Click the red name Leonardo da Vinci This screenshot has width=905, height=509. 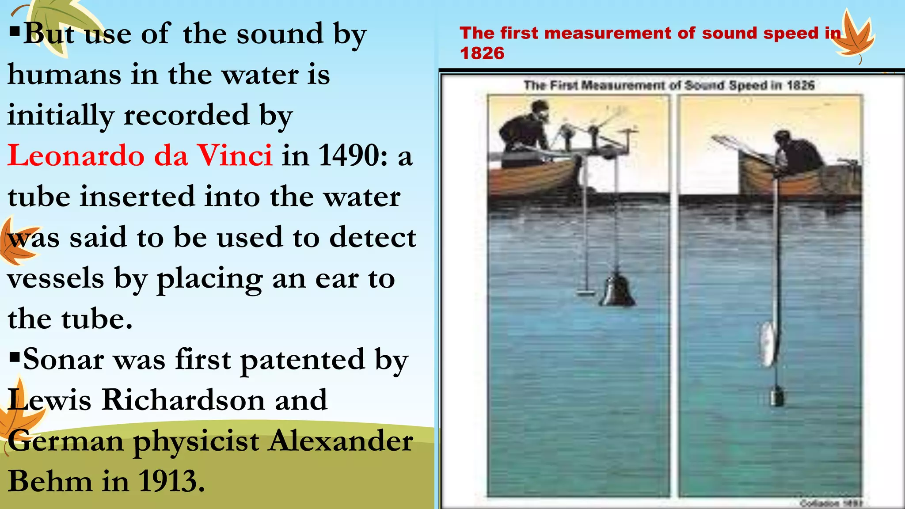pyautogui.click(x=140, y=156)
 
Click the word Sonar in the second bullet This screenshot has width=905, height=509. pyautogui.click(x=64, y=359)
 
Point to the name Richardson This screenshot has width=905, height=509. pyautogui.click(x=183, y=400)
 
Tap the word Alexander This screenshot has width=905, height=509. pyautogui.click(x=341, y=441)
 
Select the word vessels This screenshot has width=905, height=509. pyautogui.click(x=56, y=278)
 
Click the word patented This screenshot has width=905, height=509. pyautogui.click(x=302, y=359)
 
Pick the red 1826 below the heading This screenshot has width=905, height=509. pyautogui.click(x=482, y=53)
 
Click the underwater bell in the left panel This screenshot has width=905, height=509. pyautogui.click(x=617, y=290)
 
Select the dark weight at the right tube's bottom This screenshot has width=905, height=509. pyautogui.click(x=777, y=396)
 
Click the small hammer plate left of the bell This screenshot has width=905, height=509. pyautogui.click(x=587, y=292)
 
